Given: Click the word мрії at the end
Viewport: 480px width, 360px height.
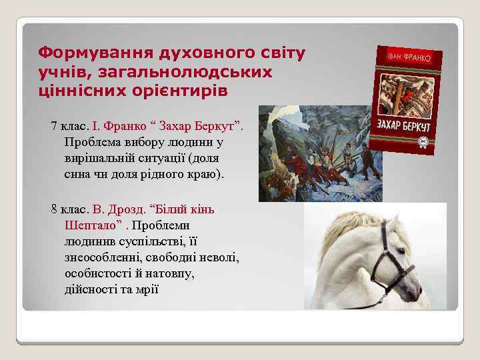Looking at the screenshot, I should click(x=148, y=289).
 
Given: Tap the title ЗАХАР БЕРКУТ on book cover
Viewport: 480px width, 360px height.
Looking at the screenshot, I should click(x=404, y=127).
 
